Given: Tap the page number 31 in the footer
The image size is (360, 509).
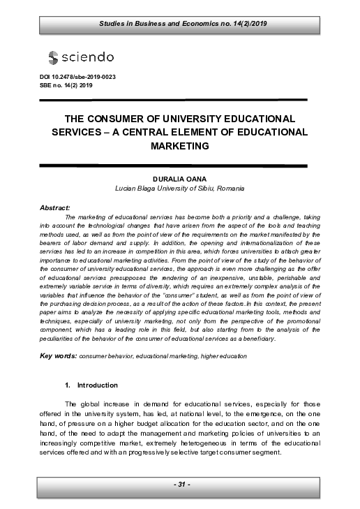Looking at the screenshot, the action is click(x=180, y=485).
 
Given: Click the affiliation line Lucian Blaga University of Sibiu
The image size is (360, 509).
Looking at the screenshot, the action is click(x=179, y=189).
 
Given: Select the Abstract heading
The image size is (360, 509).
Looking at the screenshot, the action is click(x=56, y=208).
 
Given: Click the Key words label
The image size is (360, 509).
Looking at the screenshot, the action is click(x=58, y=356).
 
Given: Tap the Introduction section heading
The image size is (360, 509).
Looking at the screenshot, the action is click(x=97, y=385).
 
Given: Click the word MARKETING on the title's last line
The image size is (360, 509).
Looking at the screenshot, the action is click(x=180, y=147).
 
